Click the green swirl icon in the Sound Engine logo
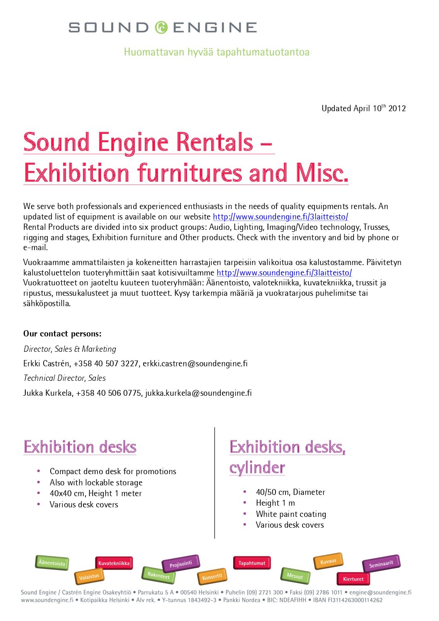pos(161,27)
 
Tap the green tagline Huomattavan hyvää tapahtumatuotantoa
pos(217,52)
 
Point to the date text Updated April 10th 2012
pos(363,108)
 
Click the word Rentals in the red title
pos(215,142)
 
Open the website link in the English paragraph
pos(280,217)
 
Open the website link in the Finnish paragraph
pos(284,273)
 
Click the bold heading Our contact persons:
pos(62,334)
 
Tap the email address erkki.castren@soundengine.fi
pos(195,364)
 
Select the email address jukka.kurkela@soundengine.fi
pos(198,393)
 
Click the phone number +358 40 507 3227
pos(106,364)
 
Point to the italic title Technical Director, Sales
pos(64,378)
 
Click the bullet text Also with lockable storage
pos(96,482)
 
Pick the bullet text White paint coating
pos(291,514)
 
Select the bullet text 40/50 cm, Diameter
pos(290,492)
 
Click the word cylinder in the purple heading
pos(257,468)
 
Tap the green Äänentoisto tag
pos(52,563)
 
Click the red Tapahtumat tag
pos(252,563)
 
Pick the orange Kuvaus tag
pos(328,561)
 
